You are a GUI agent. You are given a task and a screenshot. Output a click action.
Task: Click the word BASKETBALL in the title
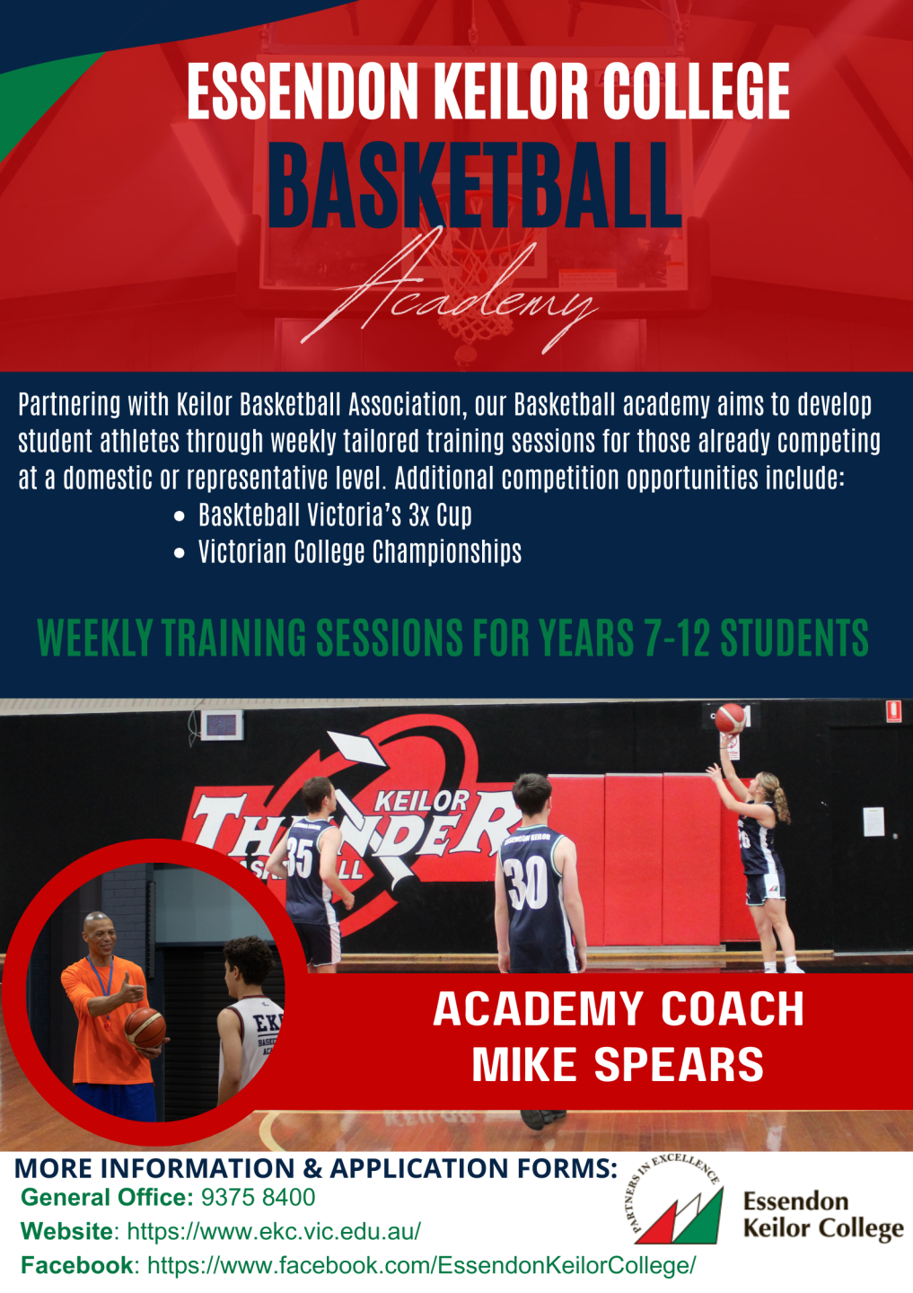pos(474,186)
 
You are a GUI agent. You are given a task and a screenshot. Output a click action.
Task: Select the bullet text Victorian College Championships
pos(359,552)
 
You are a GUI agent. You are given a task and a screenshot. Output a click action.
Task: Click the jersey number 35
pos(300,858)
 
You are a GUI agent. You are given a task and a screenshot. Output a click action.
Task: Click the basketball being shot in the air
pos(730,717)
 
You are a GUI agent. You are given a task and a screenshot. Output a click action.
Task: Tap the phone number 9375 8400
pos(258,1198)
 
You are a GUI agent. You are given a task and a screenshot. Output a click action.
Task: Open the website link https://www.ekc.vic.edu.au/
pos(274,1231)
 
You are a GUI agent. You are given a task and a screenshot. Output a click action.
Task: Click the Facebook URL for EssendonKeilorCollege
pos(421,1265)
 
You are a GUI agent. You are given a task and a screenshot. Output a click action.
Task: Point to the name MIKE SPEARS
pos(618,1064)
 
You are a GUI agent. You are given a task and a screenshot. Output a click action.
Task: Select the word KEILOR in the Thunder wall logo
pos(422,800)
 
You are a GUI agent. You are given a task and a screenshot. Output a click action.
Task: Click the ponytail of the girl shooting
pos(779,803)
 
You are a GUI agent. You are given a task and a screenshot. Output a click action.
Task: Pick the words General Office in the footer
pos(106,1198)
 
